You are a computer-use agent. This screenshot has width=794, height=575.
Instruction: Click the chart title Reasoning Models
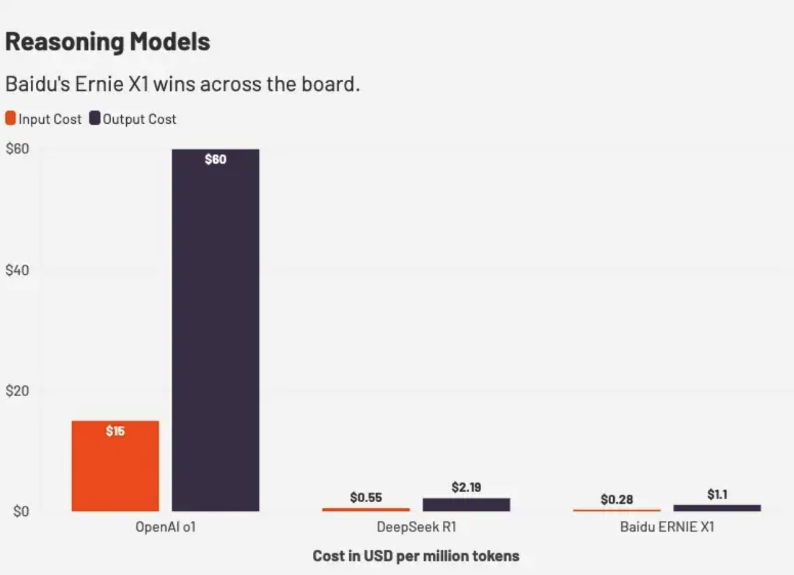(x=107, y=42)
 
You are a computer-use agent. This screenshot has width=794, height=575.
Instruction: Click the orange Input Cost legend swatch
(x=10, y=119)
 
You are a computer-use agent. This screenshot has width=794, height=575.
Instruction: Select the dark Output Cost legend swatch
(x=95, y=119)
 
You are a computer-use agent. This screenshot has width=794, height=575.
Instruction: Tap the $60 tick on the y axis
(x=17, y=149)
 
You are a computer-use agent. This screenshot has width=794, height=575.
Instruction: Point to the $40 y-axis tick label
(x=17, y=271)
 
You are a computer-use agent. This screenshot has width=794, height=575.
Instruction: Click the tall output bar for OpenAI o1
(x=215, y=330)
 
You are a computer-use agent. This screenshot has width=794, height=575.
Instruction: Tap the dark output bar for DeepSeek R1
(x=466, y=505)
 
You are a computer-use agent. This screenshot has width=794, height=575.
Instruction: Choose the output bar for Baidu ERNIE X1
(x=717, y=508)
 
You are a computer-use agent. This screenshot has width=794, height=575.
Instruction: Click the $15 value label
(x=115, y=431)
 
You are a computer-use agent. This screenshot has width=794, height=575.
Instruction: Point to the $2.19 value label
(x=466, y=487)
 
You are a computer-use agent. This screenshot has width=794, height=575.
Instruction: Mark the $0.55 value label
(x=366, y=498)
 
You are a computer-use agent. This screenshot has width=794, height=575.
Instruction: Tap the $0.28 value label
(x=616, y=500)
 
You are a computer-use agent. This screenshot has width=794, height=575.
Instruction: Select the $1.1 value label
(x=717, y=495)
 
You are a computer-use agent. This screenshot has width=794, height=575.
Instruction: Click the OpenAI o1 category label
(x=166, y=527)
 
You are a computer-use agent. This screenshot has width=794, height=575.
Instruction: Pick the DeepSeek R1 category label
(x=416, y=527)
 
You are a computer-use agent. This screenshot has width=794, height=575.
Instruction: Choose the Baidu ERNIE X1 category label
(x=666, y=527)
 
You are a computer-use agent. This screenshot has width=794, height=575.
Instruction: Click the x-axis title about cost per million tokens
(x=416, y=556)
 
